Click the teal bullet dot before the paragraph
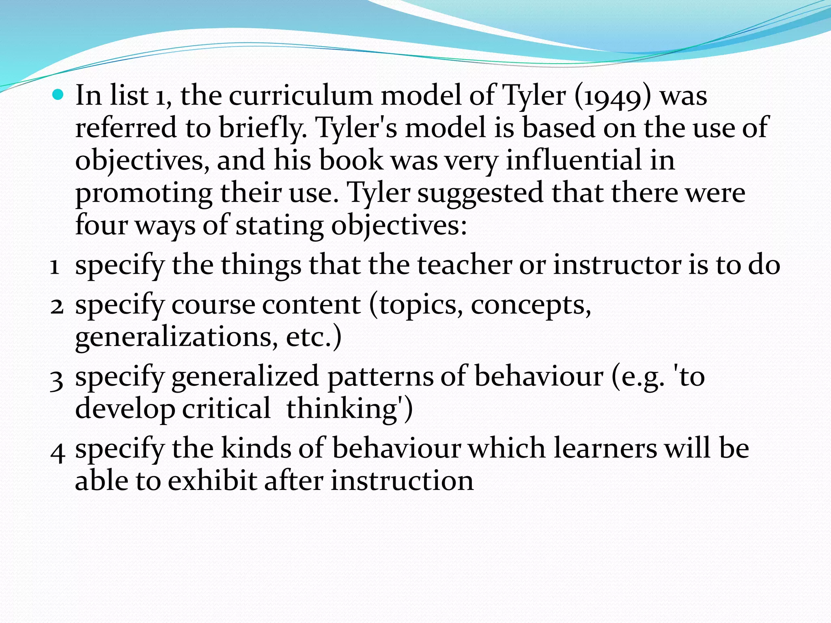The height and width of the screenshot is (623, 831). tap(58, 95)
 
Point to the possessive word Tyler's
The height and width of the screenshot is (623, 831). tap(357, 128)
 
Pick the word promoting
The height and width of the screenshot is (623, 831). tap(144, 193)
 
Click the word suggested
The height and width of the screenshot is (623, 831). tap(480, 193)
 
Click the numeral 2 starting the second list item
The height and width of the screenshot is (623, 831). tap(57, 306)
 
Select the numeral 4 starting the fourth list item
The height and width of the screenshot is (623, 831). tap(57, 452)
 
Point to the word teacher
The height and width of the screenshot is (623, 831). tap(464, 265)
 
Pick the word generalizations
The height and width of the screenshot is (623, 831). tap(177, 337)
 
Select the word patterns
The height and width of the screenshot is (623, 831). tap(380, 377)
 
